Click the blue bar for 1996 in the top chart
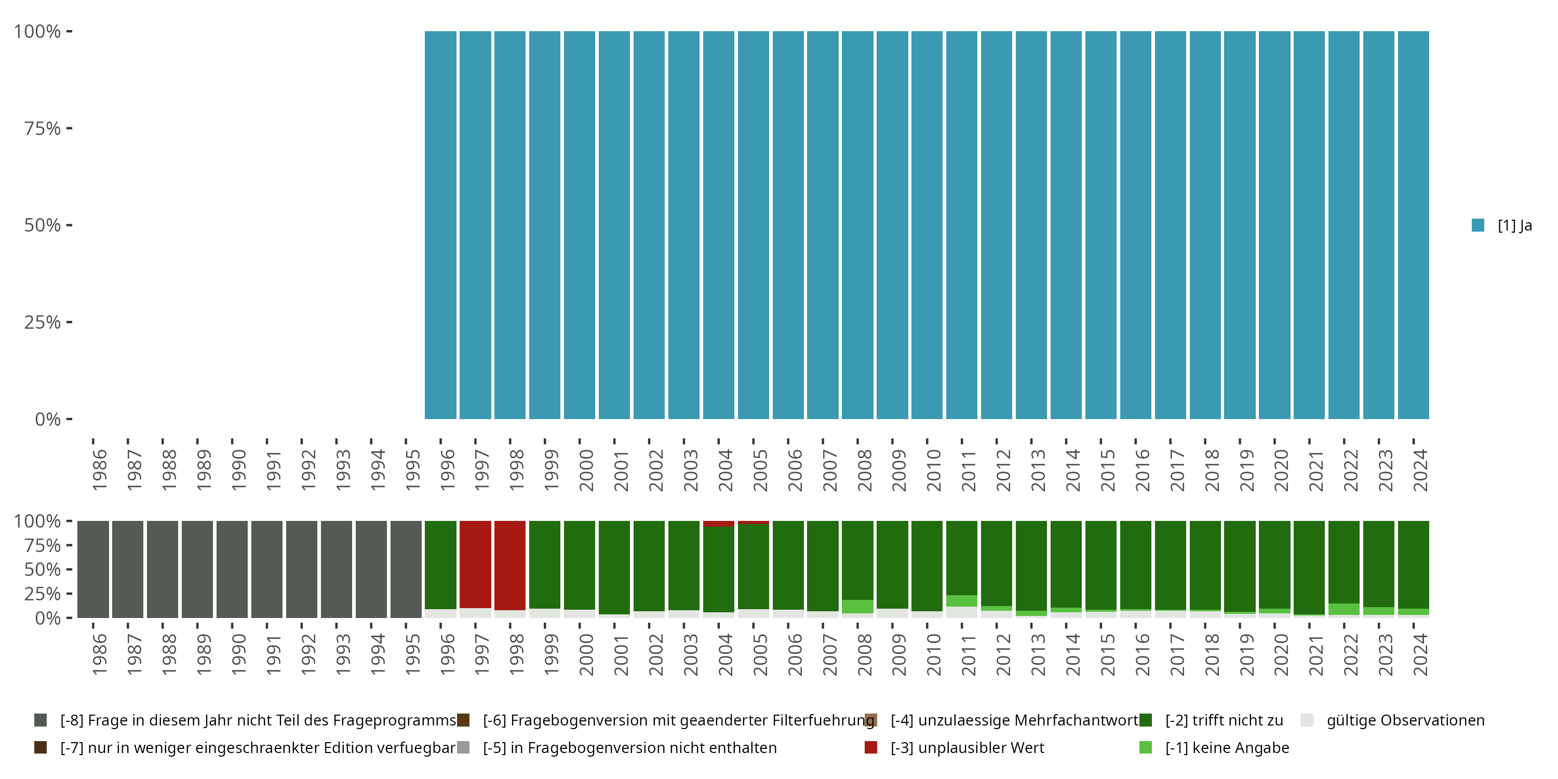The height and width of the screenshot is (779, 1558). coord(440,225)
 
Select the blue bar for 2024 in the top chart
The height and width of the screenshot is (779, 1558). coord(1414,225)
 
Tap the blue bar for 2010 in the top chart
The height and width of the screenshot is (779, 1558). coord(926,225)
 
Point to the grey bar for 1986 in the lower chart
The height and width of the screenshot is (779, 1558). coord(93,569)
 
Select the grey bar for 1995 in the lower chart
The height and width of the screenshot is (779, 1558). coord(406,569)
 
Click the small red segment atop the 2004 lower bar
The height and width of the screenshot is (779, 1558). coord(719,524)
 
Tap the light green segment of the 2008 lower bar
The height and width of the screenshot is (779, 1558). coord(857,606)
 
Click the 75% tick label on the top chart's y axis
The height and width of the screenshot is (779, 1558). coord(43,128)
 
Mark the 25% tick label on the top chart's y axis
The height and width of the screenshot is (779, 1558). coord(43,322)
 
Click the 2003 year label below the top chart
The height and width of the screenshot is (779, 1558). coord(691,470)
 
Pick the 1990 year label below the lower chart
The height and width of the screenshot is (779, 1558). coord(239,654)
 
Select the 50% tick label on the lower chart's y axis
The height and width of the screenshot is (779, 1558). coord(43,569)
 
